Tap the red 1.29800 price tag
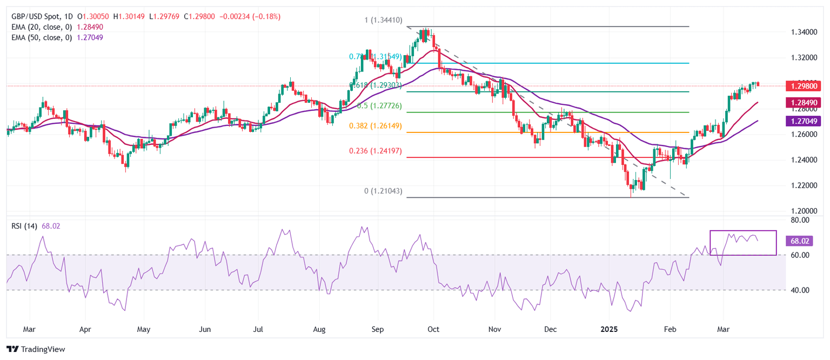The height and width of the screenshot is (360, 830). click(x=804, y=85)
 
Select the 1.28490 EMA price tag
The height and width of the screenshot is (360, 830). click(x=804, y=102)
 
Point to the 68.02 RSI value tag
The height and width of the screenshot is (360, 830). click(x=800, y=241)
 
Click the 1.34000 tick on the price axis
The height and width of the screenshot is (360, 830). click(x=802, y=32)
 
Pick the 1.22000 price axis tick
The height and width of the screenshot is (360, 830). click(x=802, y=185)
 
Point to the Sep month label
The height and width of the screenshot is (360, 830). click(x=378, y=329)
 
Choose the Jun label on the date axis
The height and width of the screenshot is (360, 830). click(x=204, y=329)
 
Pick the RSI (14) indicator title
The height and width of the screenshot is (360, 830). click(x=24, y=226)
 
